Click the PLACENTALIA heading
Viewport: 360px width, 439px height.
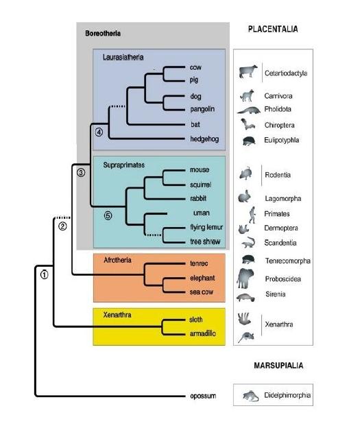[x=273, y=29]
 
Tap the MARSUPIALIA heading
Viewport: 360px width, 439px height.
[x=278, y=366]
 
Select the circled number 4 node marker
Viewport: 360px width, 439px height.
[x=99, y=132]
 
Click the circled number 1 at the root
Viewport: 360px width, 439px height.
[x=45, y=274]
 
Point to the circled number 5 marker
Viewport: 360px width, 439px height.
[x=108, y=215]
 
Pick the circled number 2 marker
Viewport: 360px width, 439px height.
[x=62, y=226]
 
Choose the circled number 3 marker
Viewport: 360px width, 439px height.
[x=81, y=172]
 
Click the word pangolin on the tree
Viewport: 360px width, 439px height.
[x=202, y=109]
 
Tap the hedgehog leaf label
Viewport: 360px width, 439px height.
[x=204, y=139]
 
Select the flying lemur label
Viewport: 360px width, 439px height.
[x=206, y=227]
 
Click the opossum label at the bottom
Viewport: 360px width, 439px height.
[x=203, y=396]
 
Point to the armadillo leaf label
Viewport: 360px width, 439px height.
[x=203, y=333]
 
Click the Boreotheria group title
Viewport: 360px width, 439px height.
[x=103, y=34]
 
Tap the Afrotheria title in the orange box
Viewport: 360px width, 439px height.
[x=117, y=260]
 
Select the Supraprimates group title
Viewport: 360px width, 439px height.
[x=124, y=165]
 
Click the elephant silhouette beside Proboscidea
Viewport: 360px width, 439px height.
[x=245, y=278]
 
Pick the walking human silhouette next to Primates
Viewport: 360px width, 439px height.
[x=252, y=215]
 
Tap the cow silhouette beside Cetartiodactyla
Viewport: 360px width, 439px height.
[x=248, y=71]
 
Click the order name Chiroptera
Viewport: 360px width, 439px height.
[x=279, y=125]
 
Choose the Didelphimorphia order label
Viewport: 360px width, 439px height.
[x=287, y=395]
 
